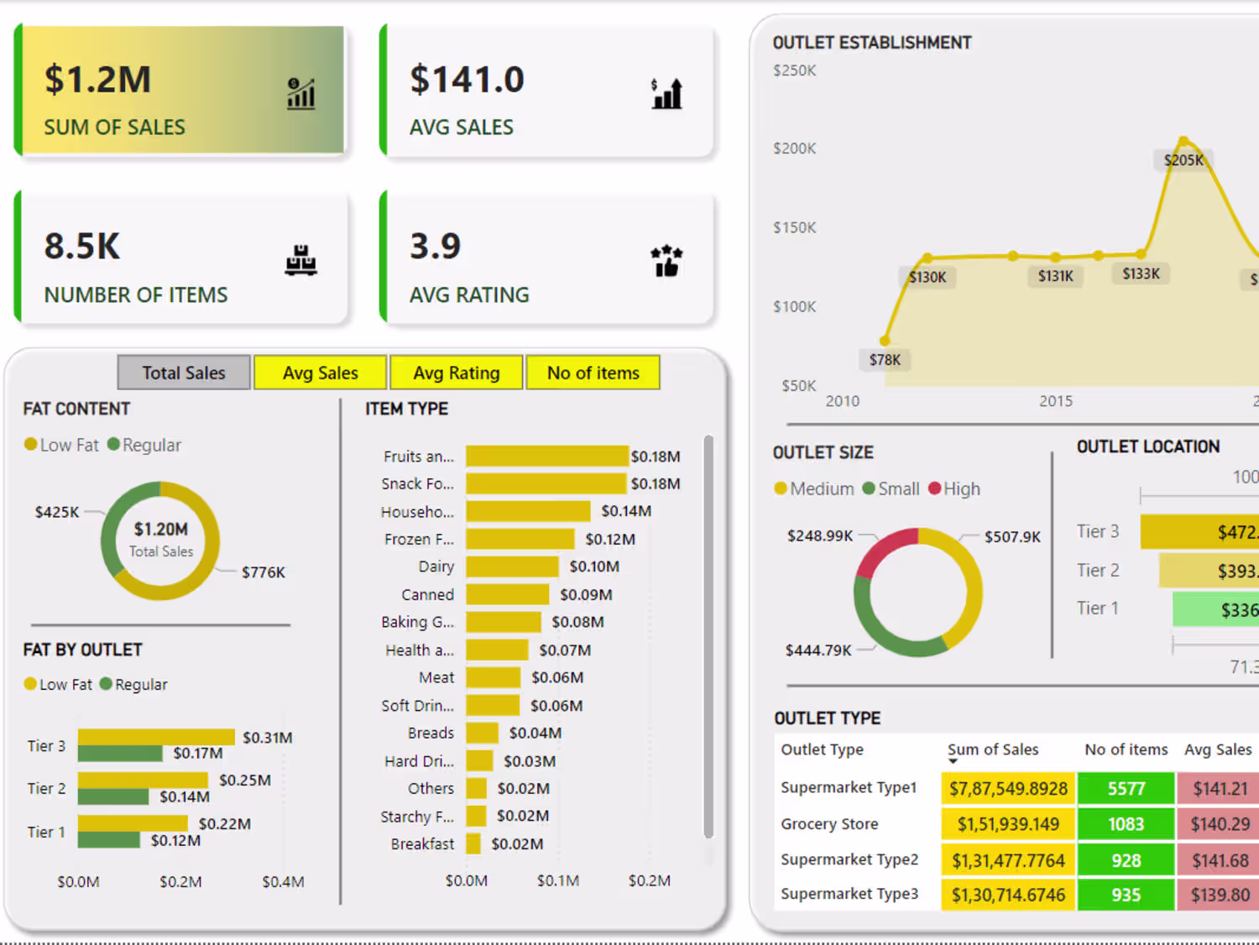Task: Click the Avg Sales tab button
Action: coord(320,373)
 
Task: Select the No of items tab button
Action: coord(593,373)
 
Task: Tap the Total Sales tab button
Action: coord(184,373)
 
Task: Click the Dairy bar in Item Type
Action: coord(512,566)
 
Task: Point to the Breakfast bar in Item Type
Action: coord(473,843)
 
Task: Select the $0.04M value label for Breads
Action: coord(535,733)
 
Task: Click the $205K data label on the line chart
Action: coord(1183,160)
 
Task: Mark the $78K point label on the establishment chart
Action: coord(885,360)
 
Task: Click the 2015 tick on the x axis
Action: coord(1056,401)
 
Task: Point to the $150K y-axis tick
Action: coord(794,227)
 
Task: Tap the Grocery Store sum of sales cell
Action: coord(1008,824)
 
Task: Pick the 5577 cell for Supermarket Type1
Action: coord(1126,788)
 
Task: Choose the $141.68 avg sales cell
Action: coord(1220,860)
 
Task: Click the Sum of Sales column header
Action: coord(993,749)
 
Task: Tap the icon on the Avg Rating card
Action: coord(666,261)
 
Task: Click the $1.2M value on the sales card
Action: coord(97,79)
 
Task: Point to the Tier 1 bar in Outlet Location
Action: coord(1215,609)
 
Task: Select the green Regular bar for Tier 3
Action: coord(120,754)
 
